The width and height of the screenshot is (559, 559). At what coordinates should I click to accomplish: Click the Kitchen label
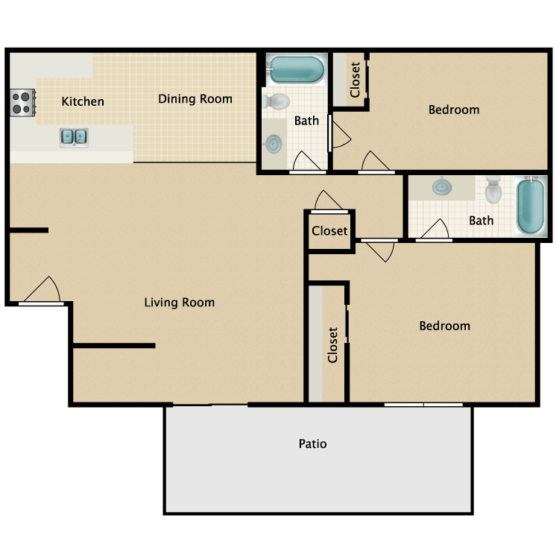(x=83, y=101)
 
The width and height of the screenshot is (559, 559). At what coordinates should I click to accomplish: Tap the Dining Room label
(x=195, y=98)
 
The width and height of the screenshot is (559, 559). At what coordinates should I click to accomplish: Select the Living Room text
(x=180, y=303)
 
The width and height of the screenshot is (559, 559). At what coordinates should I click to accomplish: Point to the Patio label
(x=312, y=444)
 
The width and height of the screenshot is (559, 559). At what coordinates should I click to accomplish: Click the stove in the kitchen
(x=23, y=102)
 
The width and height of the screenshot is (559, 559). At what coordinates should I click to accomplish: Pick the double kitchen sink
(x=74, y=137)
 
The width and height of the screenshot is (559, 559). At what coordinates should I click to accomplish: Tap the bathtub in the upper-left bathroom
(x=297, y=69)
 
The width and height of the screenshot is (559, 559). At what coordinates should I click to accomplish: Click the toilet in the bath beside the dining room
(x=277, y=101)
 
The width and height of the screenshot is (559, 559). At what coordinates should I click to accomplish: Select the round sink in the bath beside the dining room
(x=274, y=144)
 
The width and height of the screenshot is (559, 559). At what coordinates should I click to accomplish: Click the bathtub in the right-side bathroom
(x=531, y=206)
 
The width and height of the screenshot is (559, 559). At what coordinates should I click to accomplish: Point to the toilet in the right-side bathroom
(x=493, y=191)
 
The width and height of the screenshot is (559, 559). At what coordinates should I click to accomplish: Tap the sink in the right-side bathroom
(x=442, y=186)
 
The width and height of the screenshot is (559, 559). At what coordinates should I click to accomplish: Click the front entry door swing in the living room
(x=42, y=290)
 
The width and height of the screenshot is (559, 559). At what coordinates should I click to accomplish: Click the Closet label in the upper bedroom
(x=355, y=80)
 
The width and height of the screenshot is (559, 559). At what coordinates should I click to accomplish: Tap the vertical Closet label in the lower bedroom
(x=332, y=345)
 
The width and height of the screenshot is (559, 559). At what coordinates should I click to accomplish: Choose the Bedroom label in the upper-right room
(x=454, y=110)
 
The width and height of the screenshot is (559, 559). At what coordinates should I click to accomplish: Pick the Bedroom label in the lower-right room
(x=444, y=326)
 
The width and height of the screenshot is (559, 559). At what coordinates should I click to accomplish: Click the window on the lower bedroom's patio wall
(x=423, y=405)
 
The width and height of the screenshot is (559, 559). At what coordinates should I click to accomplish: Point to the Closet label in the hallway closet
(x=329, y=231)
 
